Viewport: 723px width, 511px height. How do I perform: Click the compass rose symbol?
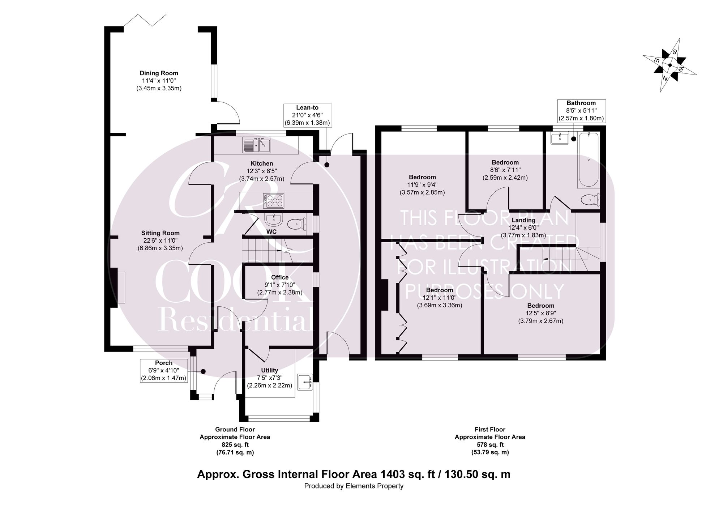click(x=669, y=65)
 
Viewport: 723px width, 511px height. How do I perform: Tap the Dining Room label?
click(x=159, y=73)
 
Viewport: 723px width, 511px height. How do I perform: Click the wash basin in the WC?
click(x=273, y=220)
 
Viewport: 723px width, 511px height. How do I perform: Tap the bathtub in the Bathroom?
click(x=588, y=159)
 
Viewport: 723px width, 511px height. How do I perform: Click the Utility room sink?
click(x=305, y=382)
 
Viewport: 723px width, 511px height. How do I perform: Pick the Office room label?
click(x=280, y=277)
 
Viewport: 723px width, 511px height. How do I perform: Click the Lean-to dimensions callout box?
click(x=308, y=115)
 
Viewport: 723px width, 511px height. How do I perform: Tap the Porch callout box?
click(x=164, y=371)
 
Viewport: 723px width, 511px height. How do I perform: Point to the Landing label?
click(x=523, y=220)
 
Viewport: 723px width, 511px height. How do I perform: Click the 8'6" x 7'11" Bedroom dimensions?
click(x=505, y=170)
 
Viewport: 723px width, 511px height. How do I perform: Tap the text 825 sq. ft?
click(x=235, y=444)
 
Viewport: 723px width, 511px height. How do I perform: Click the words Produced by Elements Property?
click(x=354, y=496)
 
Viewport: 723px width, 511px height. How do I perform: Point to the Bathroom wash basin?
click(x=560, y=138)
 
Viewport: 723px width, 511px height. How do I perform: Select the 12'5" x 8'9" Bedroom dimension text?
click(x=541, y=313)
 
